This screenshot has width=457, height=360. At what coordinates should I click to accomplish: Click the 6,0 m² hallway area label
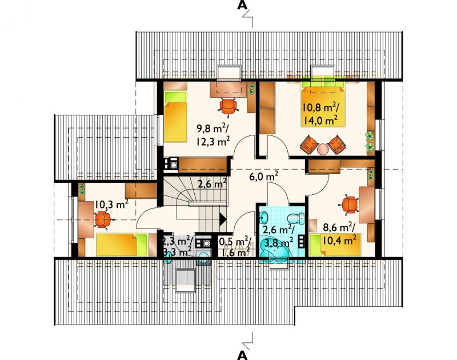[x=264, y=176]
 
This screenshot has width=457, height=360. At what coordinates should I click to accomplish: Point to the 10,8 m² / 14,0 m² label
[x=320, y=114]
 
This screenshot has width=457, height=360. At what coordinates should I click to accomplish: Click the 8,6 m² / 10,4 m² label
[x=339, y=234]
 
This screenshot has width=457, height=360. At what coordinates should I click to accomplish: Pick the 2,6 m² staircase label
[x=213, y=184]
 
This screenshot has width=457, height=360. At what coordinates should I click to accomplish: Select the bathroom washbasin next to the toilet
[x=264, y=217]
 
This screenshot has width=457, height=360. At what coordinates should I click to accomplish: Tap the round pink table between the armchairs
[x=323, y=149]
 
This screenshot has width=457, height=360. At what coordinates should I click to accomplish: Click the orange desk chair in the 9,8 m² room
[x=228, y=107]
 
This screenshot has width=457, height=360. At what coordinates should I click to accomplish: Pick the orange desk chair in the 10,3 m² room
[x=102, y=220]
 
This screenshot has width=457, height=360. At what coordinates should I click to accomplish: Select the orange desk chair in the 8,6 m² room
[x=349, y=205]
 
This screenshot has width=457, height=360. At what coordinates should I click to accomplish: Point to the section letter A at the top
[x=241, y=5]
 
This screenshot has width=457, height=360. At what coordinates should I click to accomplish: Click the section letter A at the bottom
[x=242, y=355]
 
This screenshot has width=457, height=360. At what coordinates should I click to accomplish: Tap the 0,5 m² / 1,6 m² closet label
[x=235, y=247]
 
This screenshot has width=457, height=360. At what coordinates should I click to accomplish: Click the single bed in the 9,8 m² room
[x=175, y=117]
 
